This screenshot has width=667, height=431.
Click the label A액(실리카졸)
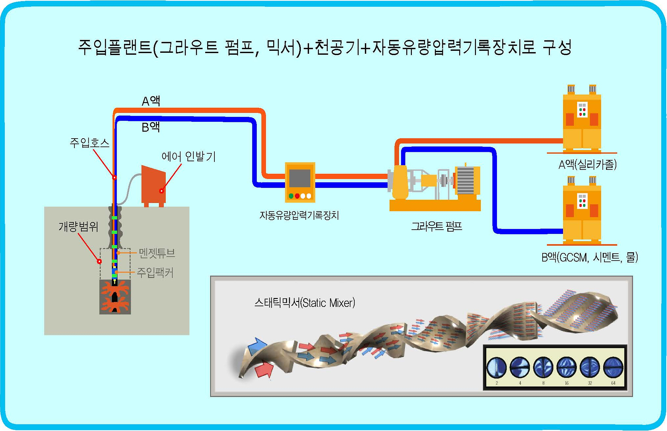tap(588, 164)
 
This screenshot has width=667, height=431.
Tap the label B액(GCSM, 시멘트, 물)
tap(590, 257)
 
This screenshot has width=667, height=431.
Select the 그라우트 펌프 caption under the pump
tap(437, 226)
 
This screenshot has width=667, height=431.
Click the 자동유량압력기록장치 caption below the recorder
tap(299, 215)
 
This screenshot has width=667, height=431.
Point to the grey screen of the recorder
tap(300, 178)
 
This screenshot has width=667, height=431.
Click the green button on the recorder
tap(291, 196)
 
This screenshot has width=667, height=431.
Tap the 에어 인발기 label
tap(188, 156)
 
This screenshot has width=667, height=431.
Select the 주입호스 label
tap(89, 143)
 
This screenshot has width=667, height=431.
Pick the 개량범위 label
tap(78, 227)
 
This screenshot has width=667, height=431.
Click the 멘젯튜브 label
tap(157, 253)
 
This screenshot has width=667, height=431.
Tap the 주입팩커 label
tap(155, 273)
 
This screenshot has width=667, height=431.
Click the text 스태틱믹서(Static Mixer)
tap(304, 303)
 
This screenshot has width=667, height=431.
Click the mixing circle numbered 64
tap(613, 367)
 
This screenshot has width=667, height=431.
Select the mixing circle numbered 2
tap(497, 367)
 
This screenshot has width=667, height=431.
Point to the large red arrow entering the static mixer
tap(264, 369)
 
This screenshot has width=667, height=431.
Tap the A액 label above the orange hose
tap(151, 101)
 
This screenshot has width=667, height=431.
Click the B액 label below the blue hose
tap(151, 127)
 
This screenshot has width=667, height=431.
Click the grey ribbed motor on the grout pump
tap(465, 181)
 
